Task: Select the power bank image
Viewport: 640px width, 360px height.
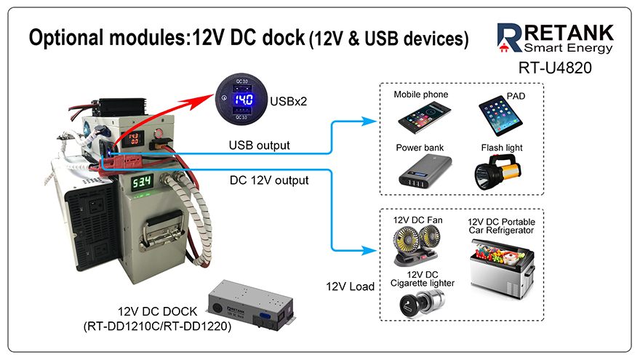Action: click(x=420, y=172)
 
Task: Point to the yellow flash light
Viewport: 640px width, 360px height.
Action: click(x=501, y=172)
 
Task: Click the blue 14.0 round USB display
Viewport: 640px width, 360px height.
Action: click(x=243, y=101)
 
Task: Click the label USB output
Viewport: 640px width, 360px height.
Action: click(x=260, y=145)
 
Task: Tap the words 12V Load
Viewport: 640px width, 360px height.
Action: click(x=350, y=286)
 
